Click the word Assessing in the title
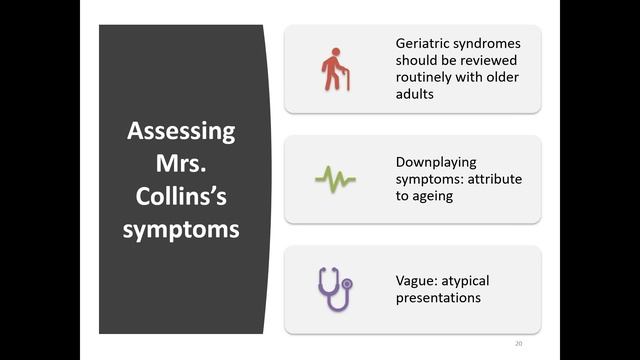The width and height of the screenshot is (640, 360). coord(181,132)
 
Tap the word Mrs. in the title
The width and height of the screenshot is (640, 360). coord(181,163)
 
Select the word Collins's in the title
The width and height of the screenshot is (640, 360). coord(181,196)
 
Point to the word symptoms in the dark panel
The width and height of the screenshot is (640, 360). coord(181,230)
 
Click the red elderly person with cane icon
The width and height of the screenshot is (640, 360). coord(336,69)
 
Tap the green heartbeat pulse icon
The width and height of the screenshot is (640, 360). coord(336,179)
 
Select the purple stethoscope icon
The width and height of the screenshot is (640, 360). coord(335,289)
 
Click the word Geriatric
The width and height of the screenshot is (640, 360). coord(424,44)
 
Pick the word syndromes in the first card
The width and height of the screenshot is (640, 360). coord(488,44)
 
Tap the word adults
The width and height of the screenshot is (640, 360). coord(415,94)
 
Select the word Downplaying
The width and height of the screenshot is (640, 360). coord(436,162)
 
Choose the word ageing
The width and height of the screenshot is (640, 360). coord(432,196)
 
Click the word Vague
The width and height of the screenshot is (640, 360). coord(417,281)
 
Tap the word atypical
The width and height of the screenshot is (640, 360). coord(465,281)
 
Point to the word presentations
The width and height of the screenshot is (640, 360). coord(438,298)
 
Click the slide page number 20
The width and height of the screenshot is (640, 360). coord(518,344)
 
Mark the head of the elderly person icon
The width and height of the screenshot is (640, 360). coord(336,52)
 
